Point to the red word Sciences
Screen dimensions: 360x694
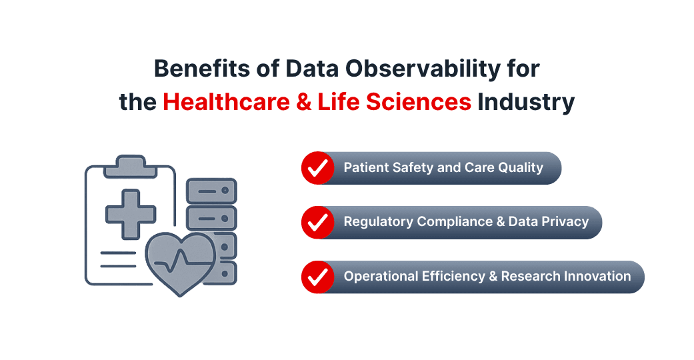coord(417,102)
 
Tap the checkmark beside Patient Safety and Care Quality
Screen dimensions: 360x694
coord(318,168)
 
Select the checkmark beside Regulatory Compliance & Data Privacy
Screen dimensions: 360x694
coord(318,222)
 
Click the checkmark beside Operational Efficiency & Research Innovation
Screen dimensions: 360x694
coord(318,276)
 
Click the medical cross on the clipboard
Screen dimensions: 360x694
coord(131,214)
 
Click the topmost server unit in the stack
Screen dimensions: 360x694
coord(211,191)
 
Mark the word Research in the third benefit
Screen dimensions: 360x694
coord(529,276)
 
